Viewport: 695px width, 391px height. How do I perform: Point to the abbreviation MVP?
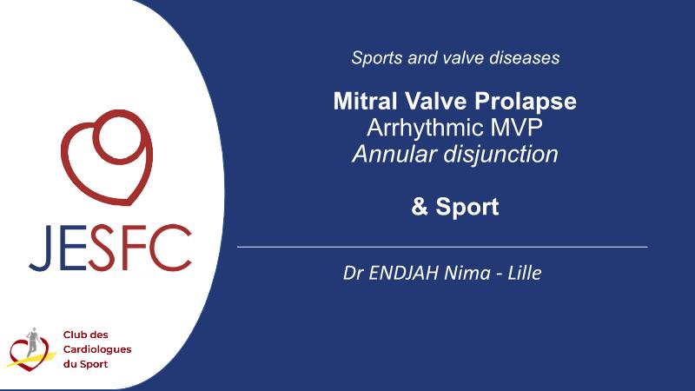coord(516,127)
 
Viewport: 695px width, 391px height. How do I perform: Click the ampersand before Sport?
coord(420,207)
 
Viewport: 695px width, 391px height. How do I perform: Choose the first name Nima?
coord(467,273)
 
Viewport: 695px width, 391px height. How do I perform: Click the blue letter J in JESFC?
coord(43,248)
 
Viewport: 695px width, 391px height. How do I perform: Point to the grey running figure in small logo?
coord(32,341)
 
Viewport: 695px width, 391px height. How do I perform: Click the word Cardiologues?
coord(97,349)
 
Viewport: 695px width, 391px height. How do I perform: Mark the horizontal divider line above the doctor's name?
coord(442,247)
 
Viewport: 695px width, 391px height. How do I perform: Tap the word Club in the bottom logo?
coord(73,335)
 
